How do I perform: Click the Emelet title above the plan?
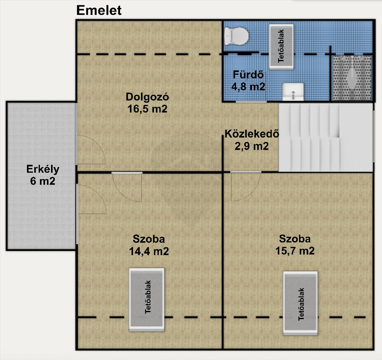99,10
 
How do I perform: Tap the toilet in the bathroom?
236,36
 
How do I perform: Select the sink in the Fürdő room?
293,92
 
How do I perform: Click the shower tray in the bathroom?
352,78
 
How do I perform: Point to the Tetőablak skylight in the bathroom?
281,46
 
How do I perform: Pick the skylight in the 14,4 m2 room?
147,300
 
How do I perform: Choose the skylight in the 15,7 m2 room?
300,303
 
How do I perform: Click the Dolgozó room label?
147,97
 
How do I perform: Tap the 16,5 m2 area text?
147,109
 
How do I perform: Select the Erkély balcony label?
43,169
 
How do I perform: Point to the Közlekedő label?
252,134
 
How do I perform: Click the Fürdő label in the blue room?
248,75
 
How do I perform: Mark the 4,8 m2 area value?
248,87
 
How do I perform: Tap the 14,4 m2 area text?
149,251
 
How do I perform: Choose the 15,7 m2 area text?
295,251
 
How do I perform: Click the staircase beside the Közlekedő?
326,137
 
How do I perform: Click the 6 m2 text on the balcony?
43,181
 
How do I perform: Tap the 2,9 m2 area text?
252,146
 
